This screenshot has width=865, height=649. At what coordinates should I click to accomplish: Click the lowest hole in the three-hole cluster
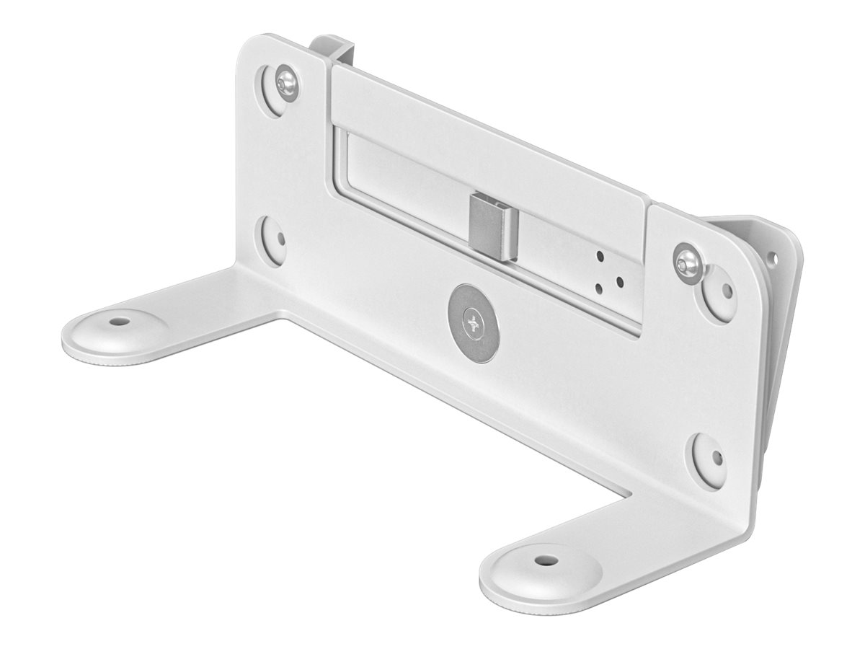click(600, 289)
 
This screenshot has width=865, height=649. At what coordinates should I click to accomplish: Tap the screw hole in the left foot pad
click(115, 320)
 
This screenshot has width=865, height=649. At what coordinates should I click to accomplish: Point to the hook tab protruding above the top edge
click(333, 46)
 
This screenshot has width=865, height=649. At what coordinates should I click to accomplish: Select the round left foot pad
click(113, 336)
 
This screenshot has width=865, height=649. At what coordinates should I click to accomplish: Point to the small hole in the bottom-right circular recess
click(718, 459)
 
